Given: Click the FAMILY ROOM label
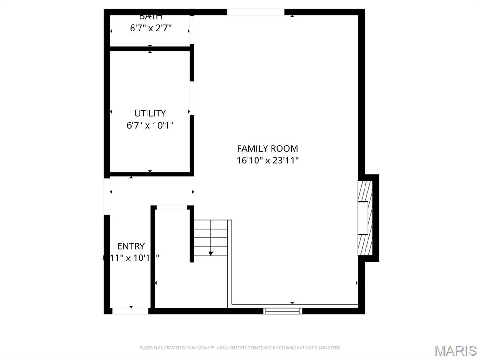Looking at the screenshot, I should coord(267,148).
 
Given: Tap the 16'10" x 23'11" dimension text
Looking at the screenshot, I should coord(267,161).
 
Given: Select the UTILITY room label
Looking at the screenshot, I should coord(150,113).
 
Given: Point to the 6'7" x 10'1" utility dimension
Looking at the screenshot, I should coord(150,125).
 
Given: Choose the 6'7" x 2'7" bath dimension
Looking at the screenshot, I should coord(150,28).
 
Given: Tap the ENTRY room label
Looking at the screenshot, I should coord(131,246).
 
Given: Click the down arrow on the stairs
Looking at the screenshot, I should coord(210,253).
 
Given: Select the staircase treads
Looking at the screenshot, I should coord(211,237).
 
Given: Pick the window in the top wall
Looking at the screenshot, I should coord(256,12).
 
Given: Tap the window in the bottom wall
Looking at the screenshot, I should coord(282,311).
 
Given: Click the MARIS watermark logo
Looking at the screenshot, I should coord(455,351).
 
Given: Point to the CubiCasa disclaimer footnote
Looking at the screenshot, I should coord(240,348).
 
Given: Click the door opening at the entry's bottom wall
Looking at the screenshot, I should coord(130,311).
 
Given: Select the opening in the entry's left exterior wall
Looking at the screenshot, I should coord(107,196).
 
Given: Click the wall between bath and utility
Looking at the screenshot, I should coord(150,48).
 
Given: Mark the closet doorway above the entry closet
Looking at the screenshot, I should coord(171,207).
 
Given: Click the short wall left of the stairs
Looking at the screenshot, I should coord(192,235).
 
